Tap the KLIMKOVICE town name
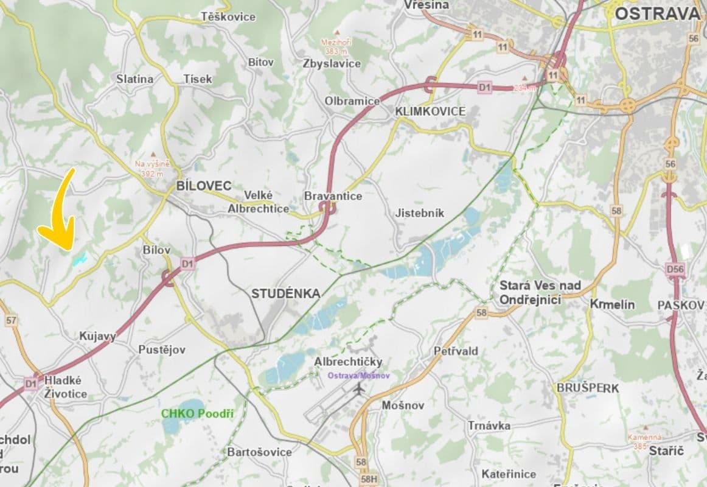pos(430,111)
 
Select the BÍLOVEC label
pos(203,186)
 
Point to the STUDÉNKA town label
pos(285,294)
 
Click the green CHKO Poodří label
pos(197,414)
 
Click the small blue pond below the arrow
pos(79,260)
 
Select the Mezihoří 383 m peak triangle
pos(337,32)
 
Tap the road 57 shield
pos(10,320)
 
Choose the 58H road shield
pos(369,479)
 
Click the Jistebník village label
pos(420,213)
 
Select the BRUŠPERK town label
pos(588,388)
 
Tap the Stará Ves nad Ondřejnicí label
pos(540,292)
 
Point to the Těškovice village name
pos(228,17)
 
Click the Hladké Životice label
pos(65,387)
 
